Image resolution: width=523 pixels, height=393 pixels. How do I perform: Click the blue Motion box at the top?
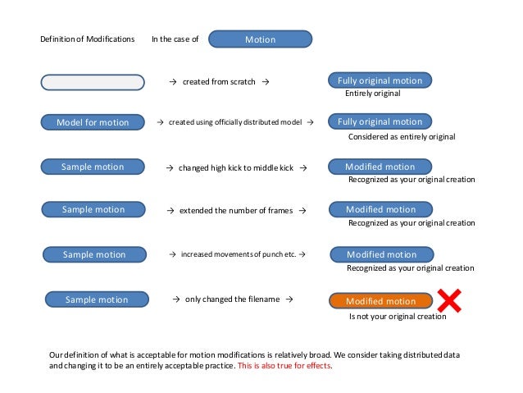[x=261, y=39]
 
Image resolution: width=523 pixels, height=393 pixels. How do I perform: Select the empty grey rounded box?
[x=92, y=81]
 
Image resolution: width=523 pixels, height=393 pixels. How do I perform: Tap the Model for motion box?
[x=92, y=122]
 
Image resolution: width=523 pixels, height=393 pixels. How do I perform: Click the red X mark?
[x=449, y=300]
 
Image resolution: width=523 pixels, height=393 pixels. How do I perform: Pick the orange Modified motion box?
[x=380, y=301]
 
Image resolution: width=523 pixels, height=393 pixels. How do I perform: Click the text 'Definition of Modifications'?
[x=88, y=39]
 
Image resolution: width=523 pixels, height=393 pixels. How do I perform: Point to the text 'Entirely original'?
[x=372, y=94]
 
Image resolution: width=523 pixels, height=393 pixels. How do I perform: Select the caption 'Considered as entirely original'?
[x=402, y=136]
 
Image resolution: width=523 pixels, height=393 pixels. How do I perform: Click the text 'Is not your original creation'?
[x=398, y=316]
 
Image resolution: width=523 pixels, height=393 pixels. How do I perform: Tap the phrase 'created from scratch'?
[x=219, y=82]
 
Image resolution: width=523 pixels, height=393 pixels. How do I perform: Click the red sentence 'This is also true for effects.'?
[x=284, y=365]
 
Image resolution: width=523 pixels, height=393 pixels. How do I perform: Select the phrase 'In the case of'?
[x=175, y=39]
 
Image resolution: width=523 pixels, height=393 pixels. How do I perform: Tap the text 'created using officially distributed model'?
[x=235, y=122]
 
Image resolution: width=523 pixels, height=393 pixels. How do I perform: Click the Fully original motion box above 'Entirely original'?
[x=380, y=80]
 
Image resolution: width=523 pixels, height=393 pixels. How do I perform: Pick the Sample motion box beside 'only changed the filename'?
[x=97, y=299]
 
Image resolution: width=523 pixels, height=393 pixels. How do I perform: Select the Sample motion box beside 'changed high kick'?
[x=93, y=167]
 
